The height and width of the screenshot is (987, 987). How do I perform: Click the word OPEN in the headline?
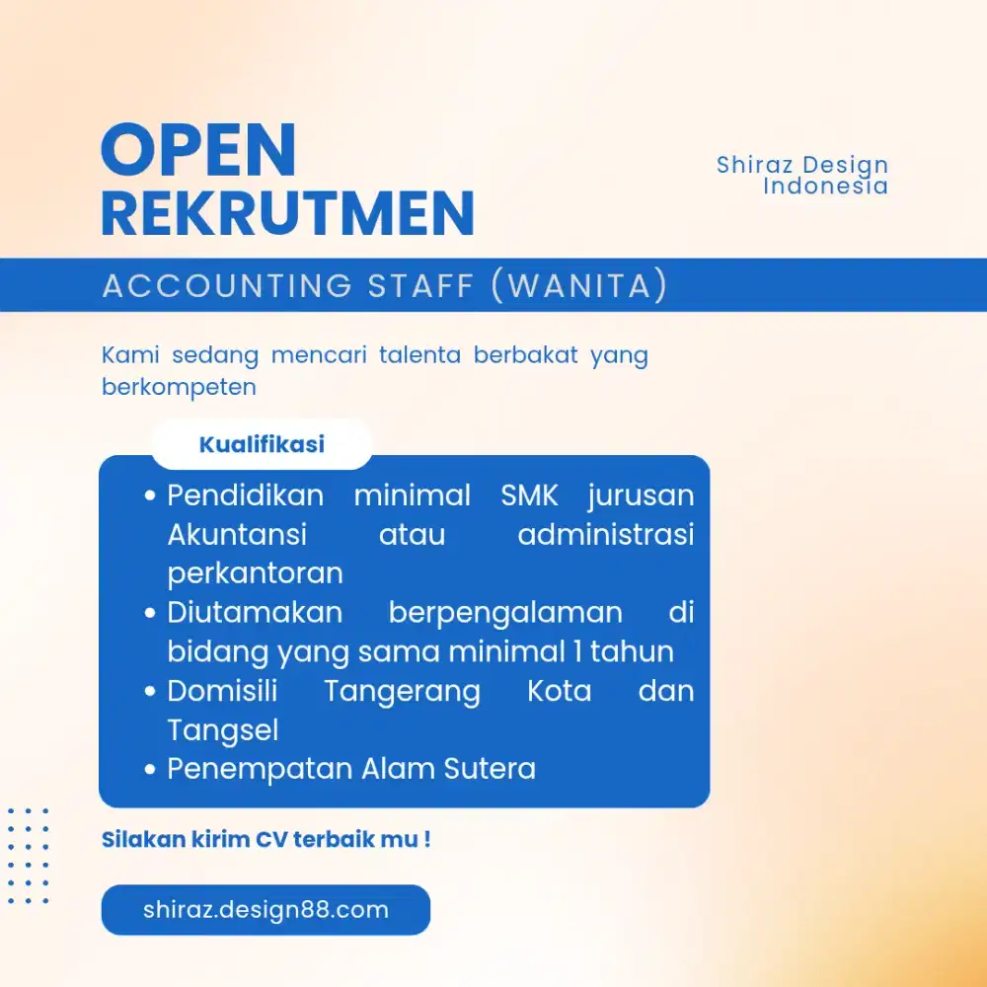pos(198,150)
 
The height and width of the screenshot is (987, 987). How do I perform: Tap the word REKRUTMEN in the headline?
pos(287,214)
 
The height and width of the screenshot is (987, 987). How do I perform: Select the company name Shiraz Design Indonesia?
pos(802,175)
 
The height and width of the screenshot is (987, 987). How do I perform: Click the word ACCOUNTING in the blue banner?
pos(227,285)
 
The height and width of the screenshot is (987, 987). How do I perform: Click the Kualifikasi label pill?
pos(262,444)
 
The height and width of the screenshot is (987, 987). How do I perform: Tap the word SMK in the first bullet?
pos(529,495)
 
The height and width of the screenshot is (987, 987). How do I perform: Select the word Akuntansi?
pos(237,534)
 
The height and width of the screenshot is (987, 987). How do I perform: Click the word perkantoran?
pos(255,574)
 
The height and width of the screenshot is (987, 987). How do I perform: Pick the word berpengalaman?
pos(505,614)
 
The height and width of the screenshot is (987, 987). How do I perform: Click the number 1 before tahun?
pos(577,651)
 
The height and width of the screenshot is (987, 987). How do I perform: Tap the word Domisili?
pos(222,691)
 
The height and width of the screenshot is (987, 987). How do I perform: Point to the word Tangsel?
pos(223,731)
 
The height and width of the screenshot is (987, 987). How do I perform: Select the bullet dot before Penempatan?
pos(150,769)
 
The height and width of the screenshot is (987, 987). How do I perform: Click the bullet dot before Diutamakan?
pos(150,613)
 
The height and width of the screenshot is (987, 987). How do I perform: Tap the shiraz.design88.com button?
pos(266,910)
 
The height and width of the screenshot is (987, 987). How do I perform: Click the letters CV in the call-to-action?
pos(272,840)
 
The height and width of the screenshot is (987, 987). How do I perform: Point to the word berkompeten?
pos(180,388)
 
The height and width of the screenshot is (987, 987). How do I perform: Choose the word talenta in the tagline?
pos(419,355)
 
